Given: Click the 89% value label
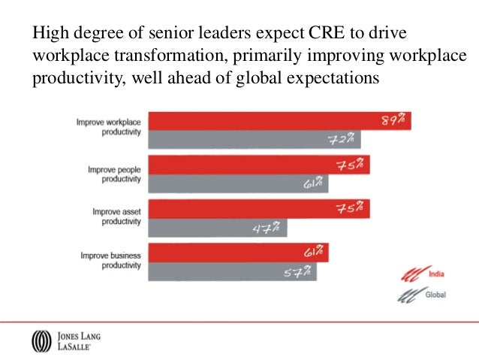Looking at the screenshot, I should (x=393, y=121).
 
